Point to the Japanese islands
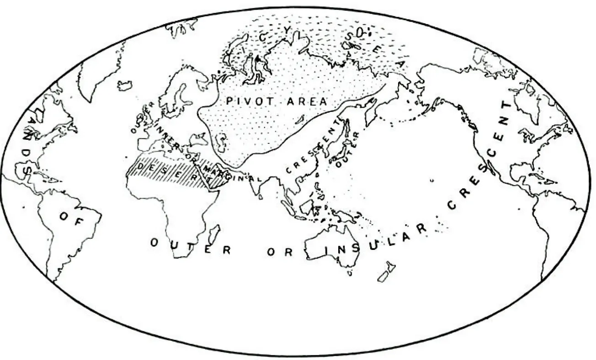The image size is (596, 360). [338, 151]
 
